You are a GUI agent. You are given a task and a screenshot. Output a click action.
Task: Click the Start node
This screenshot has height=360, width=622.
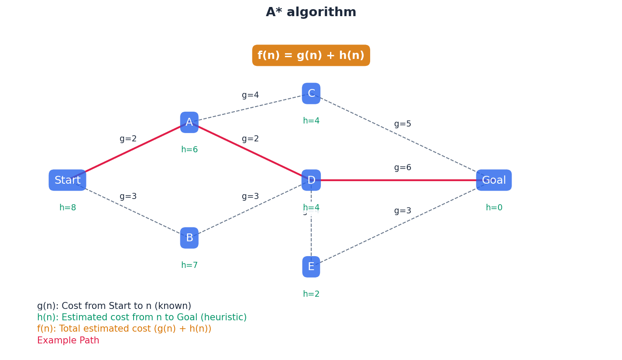point(67,180)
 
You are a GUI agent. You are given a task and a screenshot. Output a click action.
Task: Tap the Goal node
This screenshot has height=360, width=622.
point(494,180)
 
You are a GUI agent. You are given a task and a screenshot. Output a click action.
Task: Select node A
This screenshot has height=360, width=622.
point(189,123)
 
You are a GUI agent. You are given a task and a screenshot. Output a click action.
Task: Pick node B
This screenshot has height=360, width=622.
point(189,238)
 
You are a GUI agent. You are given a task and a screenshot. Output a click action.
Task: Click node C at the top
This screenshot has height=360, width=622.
point(311,94)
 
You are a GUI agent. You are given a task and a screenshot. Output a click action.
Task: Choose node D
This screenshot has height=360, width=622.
point(311,180)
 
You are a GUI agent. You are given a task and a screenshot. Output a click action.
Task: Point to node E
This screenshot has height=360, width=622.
point(311,267)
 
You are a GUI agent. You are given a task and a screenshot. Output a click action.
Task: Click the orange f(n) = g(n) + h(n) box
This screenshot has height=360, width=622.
point(311,55)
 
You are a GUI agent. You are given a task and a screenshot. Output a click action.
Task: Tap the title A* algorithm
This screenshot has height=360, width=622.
point(311,12)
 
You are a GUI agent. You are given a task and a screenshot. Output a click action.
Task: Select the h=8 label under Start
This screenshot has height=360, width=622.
point(68,208)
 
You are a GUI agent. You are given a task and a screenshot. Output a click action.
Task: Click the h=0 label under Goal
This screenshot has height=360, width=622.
point(494,208)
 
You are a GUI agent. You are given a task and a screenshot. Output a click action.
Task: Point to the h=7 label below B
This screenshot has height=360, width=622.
point(189,265)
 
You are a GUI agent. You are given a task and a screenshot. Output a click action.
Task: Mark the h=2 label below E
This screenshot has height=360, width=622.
point(311,294)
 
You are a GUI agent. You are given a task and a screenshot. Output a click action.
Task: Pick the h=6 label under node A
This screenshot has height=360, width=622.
point(189,150)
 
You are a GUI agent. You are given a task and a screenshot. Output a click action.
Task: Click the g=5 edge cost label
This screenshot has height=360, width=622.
point(402,124)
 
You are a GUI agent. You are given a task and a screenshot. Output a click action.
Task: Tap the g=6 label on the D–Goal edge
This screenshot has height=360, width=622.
point(402,168)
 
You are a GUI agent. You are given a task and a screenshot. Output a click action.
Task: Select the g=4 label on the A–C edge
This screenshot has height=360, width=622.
point(250,95)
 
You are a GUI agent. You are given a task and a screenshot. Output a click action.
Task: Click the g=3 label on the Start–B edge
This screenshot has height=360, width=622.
point(128,196)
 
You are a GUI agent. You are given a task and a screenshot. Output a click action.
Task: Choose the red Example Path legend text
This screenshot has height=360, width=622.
point(68,340)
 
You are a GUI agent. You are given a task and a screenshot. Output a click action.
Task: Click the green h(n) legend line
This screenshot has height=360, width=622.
point(141,317)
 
